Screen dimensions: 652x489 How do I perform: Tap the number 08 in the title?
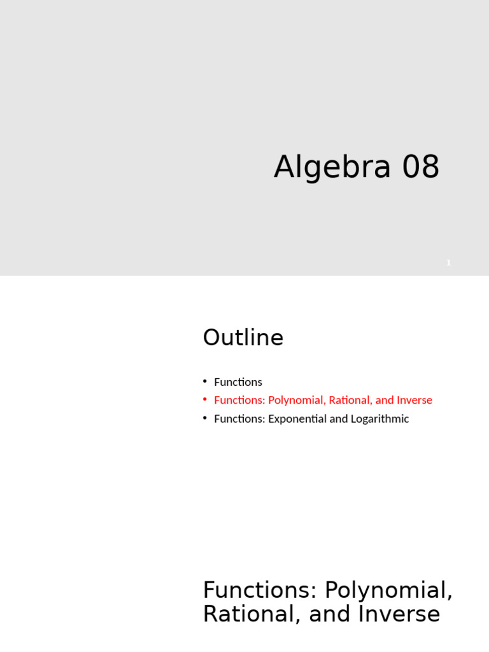click(420, 167)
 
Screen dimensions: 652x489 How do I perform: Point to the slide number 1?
click(448, 262)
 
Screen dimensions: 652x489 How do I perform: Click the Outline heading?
click(243, 337)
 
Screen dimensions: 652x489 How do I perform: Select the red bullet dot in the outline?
click(205, 399)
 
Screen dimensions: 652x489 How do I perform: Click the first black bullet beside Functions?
click(205, 381)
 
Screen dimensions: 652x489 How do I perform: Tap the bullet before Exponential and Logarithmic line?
click(205, 418)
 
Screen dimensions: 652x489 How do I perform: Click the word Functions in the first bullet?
click(238, 382)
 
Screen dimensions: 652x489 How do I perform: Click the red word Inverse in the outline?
click(415, 400)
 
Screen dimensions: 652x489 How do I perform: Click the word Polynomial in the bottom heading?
click(388, 590)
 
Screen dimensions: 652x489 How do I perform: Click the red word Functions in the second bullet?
click(238, 400)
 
